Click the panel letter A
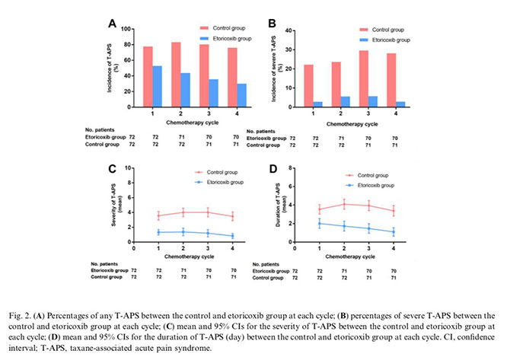(x=112, y=24)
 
